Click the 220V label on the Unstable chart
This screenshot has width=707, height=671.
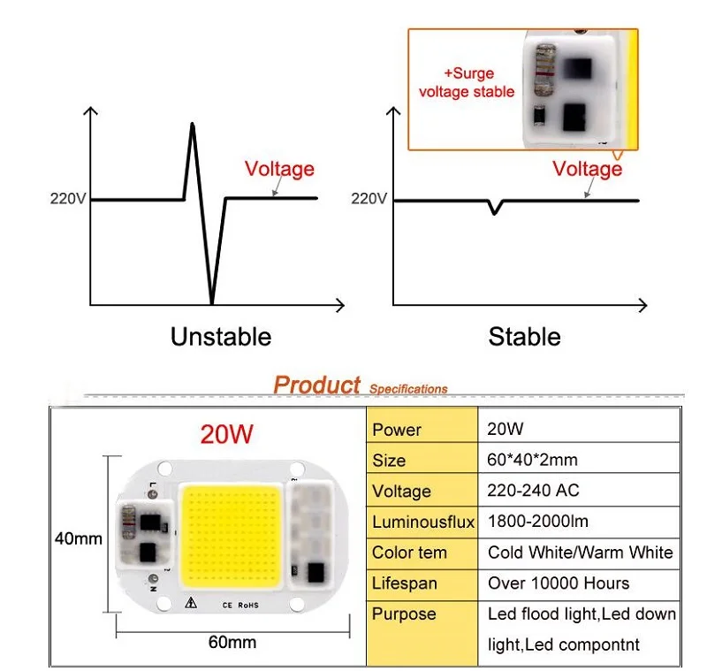click(68, 198)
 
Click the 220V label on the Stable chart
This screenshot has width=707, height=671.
click(369, 198)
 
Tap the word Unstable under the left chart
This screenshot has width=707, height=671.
click(221, 337)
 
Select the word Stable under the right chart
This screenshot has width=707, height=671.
click(524, 337)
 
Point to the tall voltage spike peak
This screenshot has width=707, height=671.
click(193, 124)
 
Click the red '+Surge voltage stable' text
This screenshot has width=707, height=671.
click(467, 82)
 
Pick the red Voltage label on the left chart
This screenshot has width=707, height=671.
click(279, 169)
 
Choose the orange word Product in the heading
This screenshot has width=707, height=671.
click(316, 385)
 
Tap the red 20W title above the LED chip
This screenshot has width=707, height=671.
click(227, 434)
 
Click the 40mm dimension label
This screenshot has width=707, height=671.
click(79, 538)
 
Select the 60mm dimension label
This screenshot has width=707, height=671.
click(232, 642)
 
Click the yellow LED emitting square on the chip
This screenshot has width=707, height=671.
click(231, 535)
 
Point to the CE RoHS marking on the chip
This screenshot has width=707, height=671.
click(240, 606)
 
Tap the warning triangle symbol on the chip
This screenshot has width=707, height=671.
click(191, 602)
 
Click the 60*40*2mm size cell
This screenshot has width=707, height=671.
click(532, 460)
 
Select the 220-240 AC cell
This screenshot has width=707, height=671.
click(533, 490)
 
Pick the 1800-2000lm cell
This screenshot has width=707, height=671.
click(538, 522)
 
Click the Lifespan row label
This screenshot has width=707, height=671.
click(405, 583)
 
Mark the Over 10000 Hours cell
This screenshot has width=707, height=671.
click(559, 583)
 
